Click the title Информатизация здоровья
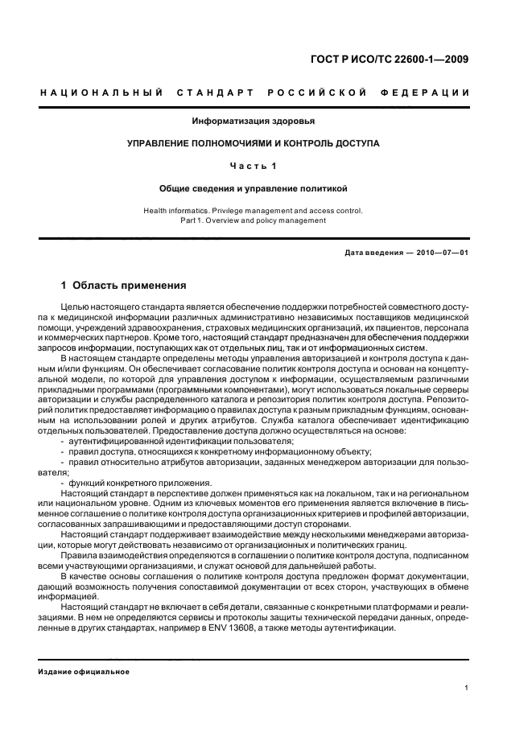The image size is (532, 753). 253,121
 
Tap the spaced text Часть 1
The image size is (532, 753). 253,166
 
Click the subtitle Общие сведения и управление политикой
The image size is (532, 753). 253,188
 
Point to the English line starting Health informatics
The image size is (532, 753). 253,211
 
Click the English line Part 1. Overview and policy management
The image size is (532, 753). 253,220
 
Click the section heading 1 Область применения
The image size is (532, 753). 124,286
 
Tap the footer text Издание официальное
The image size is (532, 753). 85,672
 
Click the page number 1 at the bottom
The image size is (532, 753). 467,688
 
